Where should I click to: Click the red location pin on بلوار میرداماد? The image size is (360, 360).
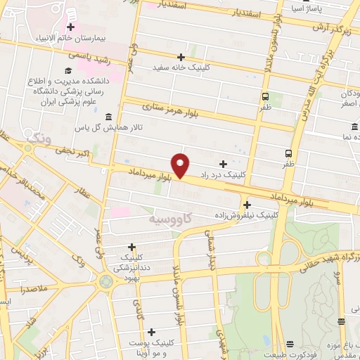point(181,166)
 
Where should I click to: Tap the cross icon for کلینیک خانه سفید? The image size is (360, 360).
point(181,57)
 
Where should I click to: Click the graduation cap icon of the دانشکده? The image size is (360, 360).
point(68,70)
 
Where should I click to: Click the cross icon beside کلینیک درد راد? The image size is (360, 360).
point(224,163)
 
